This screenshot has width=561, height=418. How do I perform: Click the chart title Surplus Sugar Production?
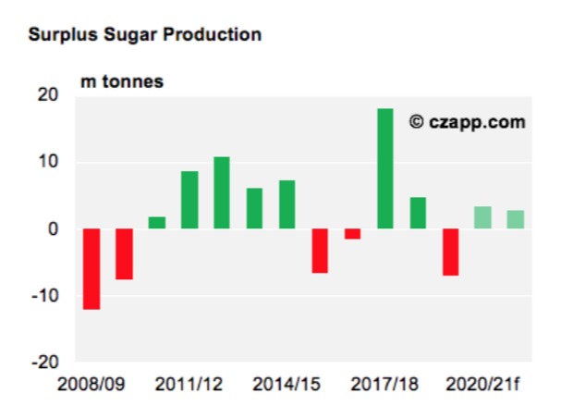coord(144,35)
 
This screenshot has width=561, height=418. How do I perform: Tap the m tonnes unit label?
coord(122,81)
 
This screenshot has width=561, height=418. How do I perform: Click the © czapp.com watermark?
coord(467,121)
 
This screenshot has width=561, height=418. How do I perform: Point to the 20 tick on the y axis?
coord(47,96)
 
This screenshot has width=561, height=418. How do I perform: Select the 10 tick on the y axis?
coord(47,163)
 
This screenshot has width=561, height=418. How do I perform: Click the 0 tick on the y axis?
coord(53,229)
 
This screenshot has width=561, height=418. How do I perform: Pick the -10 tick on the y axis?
coord(44,296)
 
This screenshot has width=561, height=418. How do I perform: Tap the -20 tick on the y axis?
coord(44,363)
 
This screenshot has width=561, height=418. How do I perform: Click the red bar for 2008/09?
coord(91,269)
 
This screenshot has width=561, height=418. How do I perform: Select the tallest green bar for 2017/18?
coord(384,168)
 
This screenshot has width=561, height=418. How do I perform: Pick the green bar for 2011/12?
coord(189,200)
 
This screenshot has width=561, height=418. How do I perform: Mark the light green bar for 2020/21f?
coord(482,217)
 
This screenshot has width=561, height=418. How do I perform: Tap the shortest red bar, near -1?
coord(352,234)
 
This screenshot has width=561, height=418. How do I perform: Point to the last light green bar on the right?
coord(516,219)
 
